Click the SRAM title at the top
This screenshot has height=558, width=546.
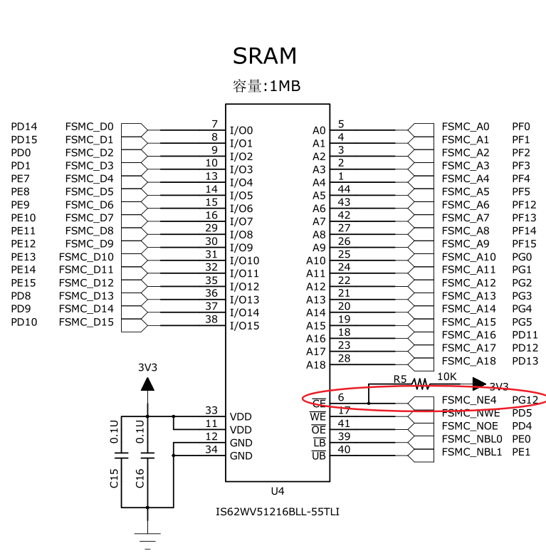click(x=265, y=56)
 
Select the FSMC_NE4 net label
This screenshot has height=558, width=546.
click(x=468, y=400)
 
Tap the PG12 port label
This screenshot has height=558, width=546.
click(x=525, y=400)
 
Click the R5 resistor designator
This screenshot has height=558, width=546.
click(x=399, y=379)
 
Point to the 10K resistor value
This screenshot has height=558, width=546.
click(x=447, y=376)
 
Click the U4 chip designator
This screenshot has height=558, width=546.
click(x=278, y=491)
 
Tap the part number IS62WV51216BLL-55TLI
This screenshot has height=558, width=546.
click(x=277, y=512)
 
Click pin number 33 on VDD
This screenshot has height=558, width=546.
click(x=211, y=410)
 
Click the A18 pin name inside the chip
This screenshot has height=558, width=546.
click(x=315, y=365)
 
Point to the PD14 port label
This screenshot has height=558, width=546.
click(x=24, y=127)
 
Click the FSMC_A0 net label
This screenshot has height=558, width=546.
click(x=466, y=127)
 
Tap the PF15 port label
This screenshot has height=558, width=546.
click(x=524, y=244)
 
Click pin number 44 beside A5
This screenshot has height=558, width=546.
click(x=344, y=189)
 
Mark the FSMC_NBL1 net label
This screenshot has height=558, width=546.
click(x=472, y=452)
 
